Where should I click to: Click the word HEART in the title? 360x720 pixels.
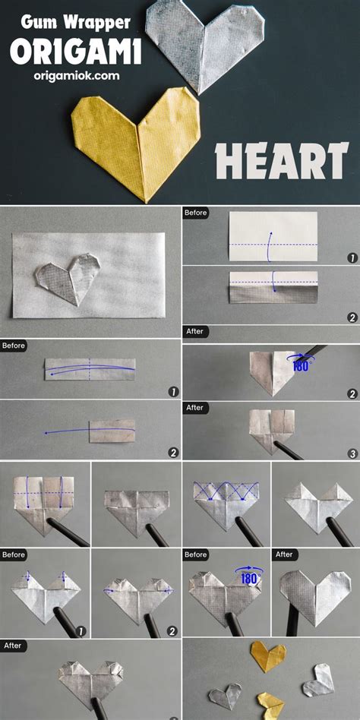coord(282,161)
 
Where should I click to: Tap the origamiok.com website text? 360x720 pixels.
coord(76,76)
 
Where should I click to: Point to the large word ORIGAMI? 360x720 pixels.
coord(76,52)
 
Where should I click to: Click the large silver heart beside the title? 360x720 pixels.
coord(204,40)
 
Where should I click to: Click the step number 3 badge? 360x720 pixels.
coord(352,453)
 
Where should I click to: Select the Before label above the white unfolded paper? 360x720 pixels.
coord(196,213)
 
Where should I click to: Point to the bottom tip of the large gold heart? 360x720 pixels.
coord(146,202)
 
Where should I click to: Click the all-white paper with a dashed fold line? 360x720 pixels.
coord(273,236)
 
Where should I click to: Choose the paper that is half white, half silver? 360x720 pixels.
coord(273,287)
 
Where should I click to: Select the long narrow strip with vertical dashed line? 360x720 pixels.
coord(90,369)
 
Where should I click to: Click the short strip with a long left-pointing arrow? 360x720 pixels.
coord(112,431)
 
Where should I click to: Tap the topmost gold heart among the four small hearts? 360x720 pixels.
coord(269,655)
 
